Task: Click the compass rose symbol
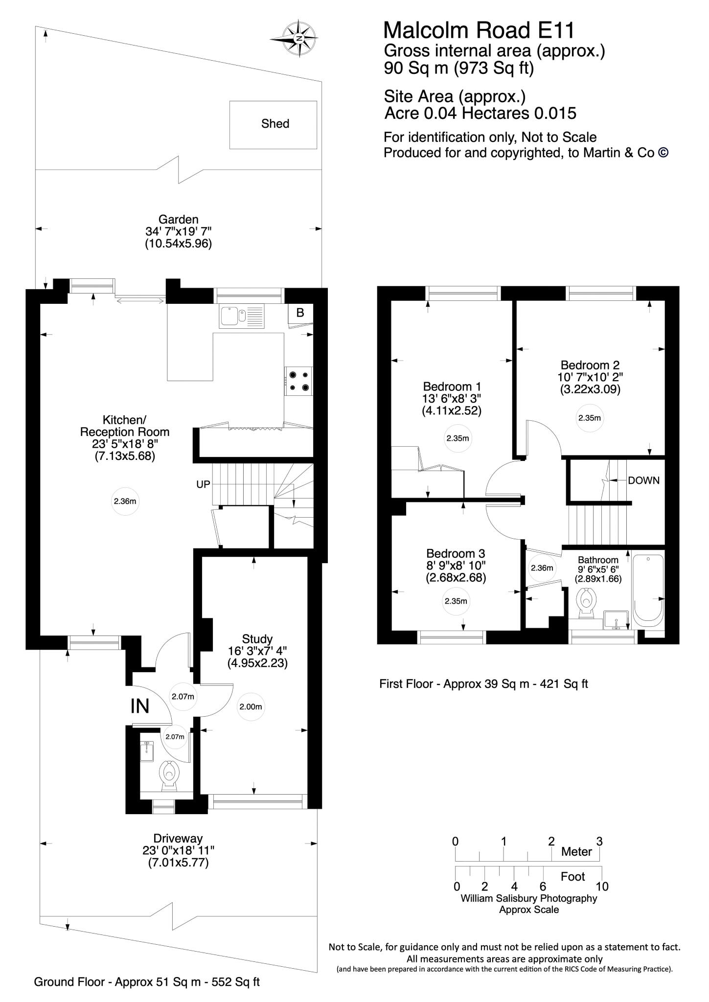pyautogui.click(x=299, y=38)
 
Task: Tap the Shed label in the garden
pyautogui.click(x=275, y=124)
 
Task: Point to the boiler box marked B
pyautogui.click(x=300, y=313)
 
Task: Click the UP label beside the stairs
pyautogui.click(x=203, y=484)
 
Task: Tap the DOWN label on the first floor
pyautogui.click(x=643, y=480)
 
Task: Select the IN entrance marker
pyautogui.click(x=139, y=706)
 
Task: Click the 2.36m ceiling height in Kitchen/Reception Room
pyautogui.click(x=126, y=501)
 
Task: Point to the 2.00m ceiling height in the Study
pyautogui.click(x=251, y=706)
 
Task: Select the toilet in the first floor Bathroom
pyautogui.click(x=586, y=603)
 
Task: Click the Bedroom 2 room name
pyautogui.click(x=590, y=365)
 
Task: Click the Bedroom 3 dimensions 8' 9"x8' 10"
pyautogui.click(x=455, y=566)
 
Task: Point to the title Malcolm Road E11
pyautogui.click(x=479, y=30)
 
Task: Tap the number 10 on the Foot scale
pyautogui.click(x=602, y=887)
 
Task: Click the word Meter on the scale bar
pyautogui.click(x=576, y=852)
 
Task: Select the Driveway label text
pyautogui.click(x=178, y=838)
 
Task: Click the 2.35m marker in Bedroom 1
pyautogui.click(x=457, y=438)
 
